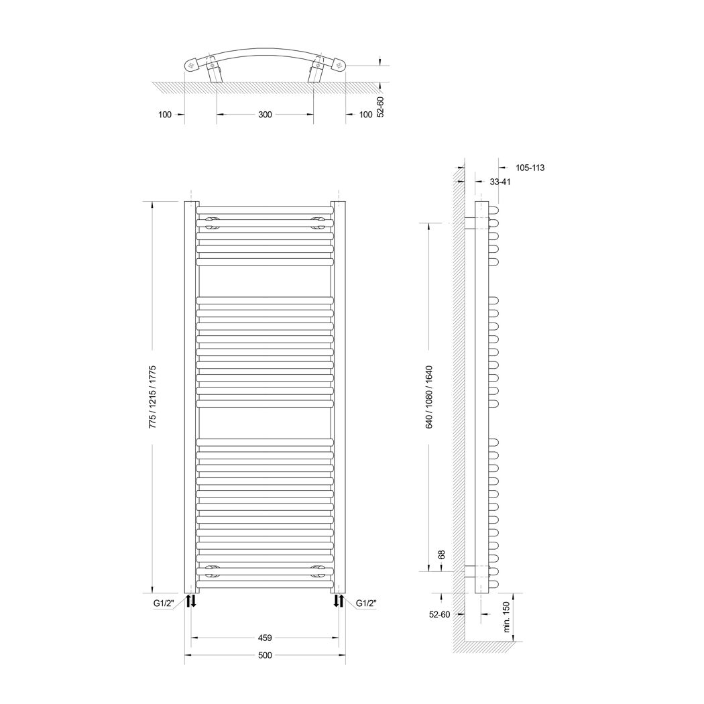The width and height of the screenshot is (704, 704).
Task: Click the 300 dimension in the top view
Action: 265,115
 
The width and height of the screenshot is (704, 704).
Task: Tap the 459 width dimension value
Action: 265,638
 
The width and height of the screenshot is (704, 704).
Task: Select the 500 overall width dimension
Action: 265,655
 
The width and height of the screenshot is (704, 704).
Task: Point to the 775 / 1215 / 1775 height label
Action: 152,396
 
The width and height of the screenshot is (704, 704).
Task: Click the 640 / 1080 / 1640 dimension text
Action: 429,397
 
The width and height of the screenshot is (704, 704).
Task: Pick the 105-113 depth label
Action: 530,168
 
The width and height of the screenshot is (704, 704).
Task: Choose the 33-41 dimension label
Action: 500,182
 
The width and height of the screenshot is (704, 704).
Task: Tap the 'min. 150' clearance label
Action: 507,618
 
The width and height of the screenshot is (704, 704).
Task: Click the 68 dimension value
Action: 441,555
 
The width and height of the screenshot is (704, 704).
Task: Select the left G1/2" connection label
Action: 164,603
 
